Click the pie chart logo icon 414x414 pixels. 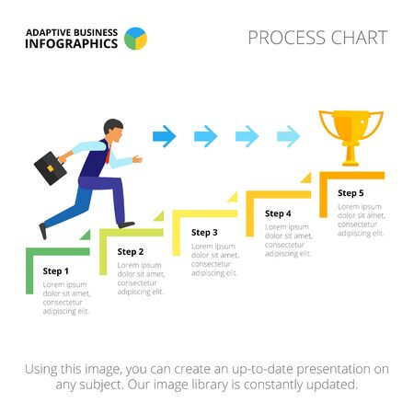coord(135,38)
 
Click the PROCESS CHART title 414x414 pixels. coord(317,38)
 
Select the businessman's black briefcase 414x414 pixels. coord(52,167)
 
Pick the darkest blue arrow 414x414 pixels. coord(164,137)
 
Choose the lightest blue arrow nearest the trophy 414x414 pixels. coord(288,137)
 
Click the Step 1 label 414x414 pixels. coord(55,270)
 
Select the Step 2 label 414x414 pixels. coord(131,251)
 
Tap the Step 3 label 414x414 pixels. coord(204,232)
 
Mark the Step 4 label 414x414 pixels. coord(278,213)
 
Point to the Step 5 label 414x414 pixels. coord(351,193)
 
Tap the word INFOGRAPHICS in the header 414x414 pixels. coord(72,43)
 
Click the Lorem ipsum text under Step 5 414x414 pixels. coord(360,220)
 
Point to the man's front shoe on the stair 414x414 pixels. coord(125,224)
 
